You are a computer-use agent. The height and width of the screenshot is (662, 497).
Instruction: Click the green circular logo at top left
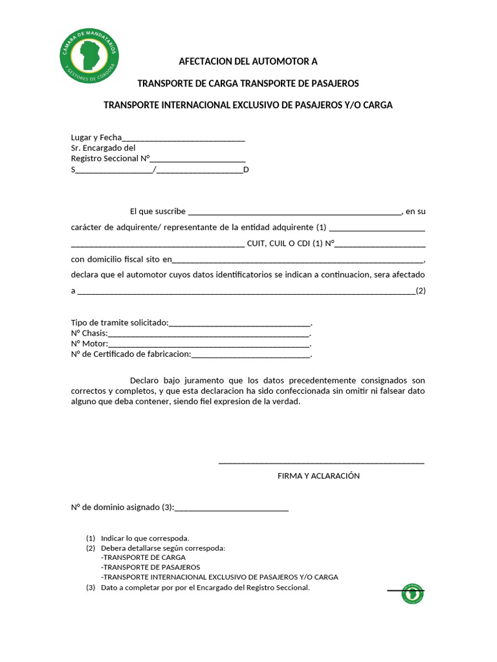(89, 56)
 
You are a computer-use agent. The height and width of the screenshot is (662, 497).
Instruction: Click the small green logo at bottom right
(412, 593)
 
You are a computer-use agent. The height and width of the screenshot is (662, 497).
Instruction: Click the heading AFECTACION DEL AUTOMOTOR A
(248, 62)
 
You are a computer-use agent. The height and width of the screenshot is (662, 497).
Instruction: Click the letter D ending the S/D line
(246, 169)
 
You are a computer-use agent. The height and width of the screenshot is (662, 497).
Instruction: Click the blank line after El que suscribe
(294, 212)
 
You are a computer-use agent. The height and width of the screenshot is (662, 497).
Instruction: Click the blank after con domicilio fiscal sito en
(298, 261)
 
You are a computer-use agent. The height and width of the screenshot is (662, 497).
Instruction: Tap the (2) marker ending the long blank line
(421, 291)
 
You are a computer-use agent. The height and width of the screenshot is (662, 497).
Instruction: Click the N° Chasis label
(89, 334)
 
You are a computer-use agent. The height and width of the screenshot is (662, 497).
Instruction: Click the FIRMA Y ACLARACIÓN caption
(318, 476)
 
